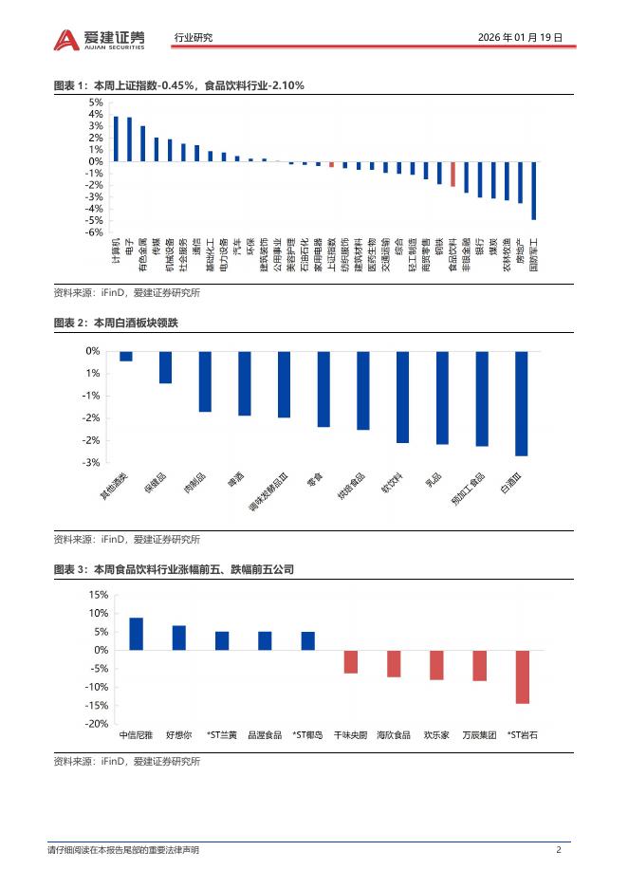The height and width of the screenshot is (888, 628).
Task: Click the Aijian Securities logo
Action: point(100,38)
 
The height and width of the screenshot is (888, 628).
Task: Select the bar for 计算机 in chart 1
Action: point(116,139)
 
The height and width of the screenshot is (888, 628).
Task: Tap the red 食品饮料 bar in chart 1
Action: point(453,174)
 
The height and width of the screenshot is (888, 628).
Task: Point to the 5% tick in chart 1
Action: point(96,102)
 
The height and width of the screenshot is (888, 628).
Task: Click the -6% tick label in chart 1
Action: point(95,232)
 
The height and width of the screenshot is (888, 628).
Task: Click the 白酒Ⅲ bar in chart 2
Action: point(521,403)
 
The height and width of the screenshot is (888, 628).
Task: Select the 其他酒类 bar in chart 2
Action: point(125,357)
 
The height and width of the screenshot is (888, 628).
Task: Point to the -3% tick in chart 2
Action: point(93,463)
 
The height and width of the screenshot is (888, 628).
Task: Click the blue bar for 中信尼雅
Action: point(136,634)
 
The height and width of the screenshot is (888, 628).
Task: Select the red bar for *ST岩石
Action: point(521,676)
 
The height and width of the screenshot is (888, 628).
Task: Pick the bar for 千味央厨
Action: point(350,661)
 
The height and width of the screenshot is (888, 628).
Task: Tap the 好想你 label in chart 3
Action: point(178,734)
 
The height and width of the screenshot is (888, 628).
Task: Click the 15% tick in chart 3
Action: point(98,595)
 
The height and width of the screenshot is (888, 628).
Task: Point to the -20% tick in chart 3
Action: point(96,724)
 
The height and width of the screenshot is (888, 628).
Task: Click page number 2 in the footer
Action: point(559,850)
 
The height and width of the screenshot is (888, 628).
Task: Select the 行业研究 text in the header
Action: point(194,38)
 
